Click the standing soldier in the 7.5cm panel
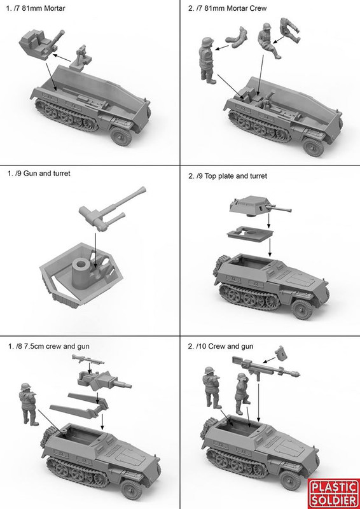coord(29,404)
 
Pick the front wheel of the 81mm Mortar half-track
coord(121,136)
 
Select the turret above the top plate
coord(260,206)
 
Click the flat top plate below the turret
coord(250,234)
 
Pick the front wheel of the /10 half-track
coord(289,480)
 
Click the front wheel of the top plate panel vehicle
coord(302,309)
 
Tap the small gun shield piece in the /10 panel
coord(280,354)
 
